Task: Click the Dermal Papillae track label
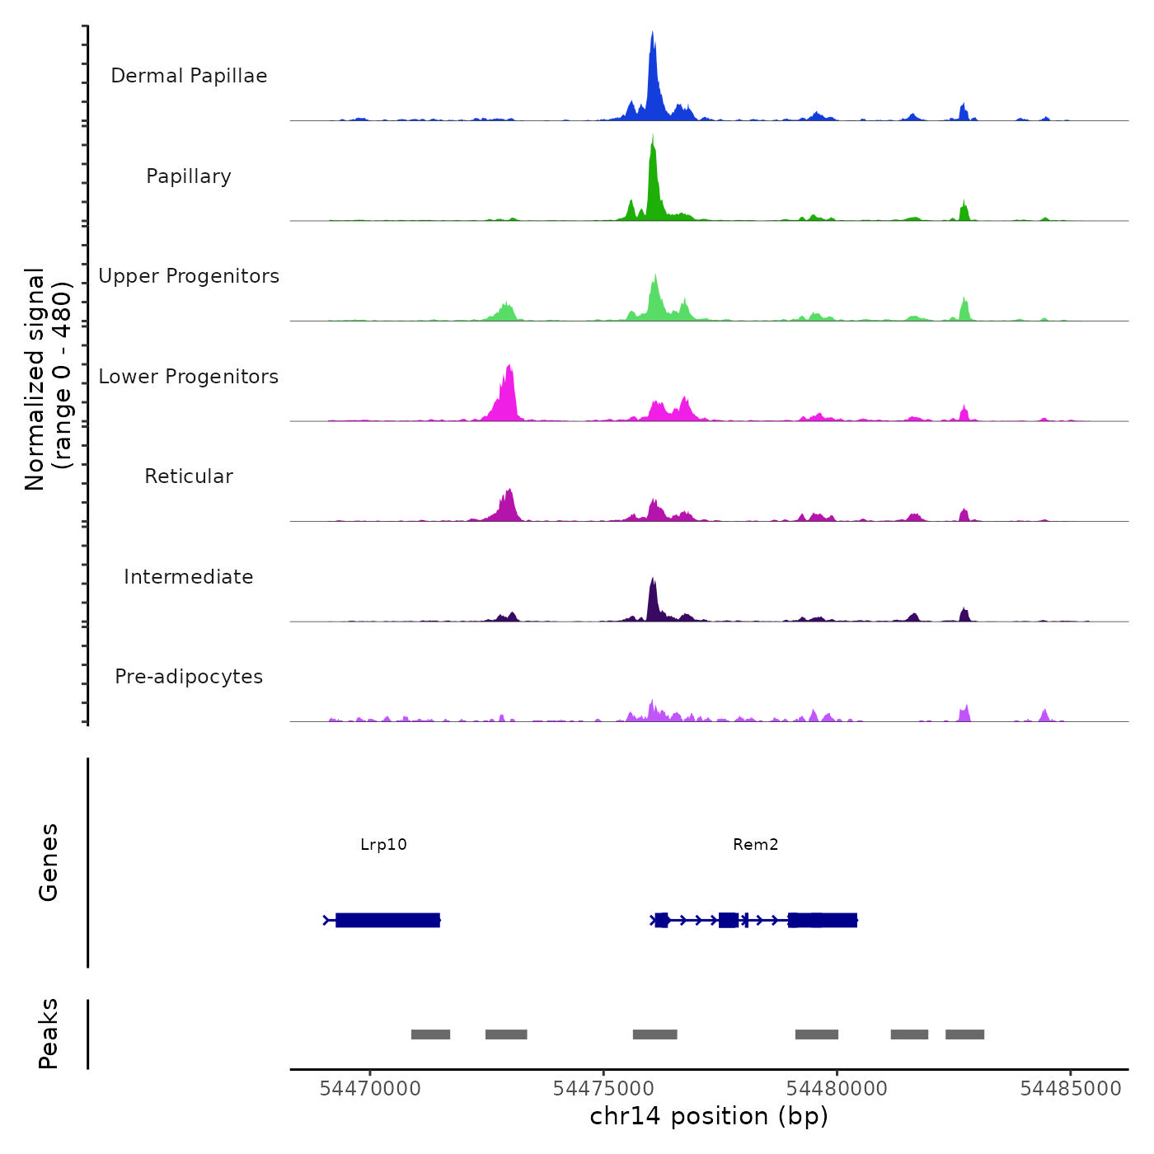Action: coord(189,76)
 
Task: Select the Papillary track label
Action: coord(189,176)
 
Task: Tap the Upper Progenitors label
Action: coord(189,276)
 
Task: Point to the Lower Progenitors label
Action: coord(189,377)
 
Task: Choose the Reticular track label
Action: coord(189,476)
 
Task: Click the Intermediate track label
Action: coord(189,577)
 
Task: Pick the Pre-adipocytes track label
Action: coord(189,677)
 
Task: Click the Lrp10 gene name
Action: coord(383,845)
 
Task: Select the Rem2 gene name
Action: coord(755,845)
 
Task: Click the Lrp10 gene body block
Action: coord(387,920)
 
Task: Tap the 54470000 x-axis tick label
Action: coord(370,1089)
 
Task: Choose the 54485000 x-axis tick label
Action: coord(1071,1089)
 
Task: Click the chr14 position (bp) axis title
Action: coord(709,1117)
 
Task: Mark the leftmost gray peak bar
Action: coord(430,1034)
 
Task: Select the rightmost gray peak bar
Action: coord(964,1034)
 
